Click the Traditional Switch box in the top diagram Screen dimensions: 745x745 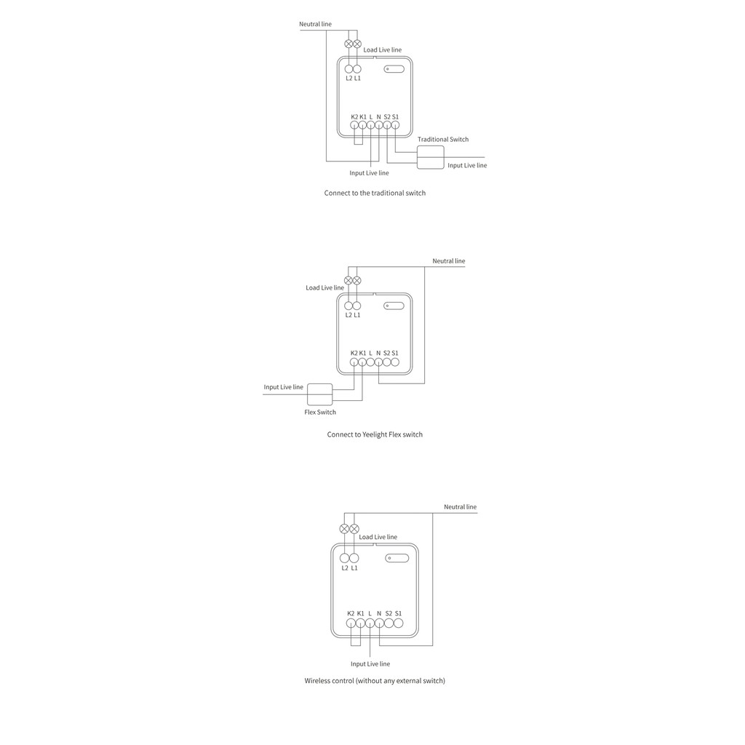pos(431,157)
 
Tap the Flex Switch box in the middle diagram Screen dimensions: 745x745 pos(320,394)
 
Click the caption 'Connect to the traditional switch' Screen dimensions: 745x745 pos(375,193)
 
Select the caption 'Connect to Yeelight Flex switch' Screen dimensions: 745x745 pos(375,434)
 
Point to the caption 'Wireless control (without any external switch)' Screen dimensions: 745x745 pos(375,681)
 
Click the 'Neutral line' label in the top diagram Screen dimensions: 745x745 pos(316,24)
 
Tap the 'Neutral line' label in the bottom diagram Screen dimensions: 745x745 pos(461,507)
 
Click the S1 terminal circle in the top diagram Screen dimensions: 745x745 pos(395,125)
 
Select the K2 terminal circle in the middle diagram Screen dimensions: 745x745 pos(354,362)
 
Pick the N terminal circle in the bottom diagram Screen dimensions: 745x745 pos(379,624)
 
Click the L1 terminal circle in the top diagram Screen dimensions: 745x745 pos(357,69)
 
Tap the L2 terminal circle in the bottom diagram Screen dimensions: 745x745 pos(344,558)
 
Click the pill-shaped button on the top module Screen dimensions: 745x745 pos(394,69)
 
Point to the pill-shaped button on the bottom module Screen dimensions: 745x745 pos(397,558)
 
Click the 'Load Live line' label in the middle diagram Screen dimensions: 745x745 pos(325,288)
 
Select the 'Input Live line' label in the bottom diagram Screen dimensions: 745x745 pos(370,664)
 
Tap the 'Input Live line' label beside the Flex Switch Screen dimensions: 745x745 pos(284,387)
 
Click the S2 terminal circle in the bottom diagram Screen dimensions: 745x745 pos(389,624)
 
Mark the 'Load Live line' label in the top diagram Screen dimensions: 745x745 pos(383,50)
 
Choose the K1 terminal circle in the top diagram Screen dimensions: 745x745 pos(362,125)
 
